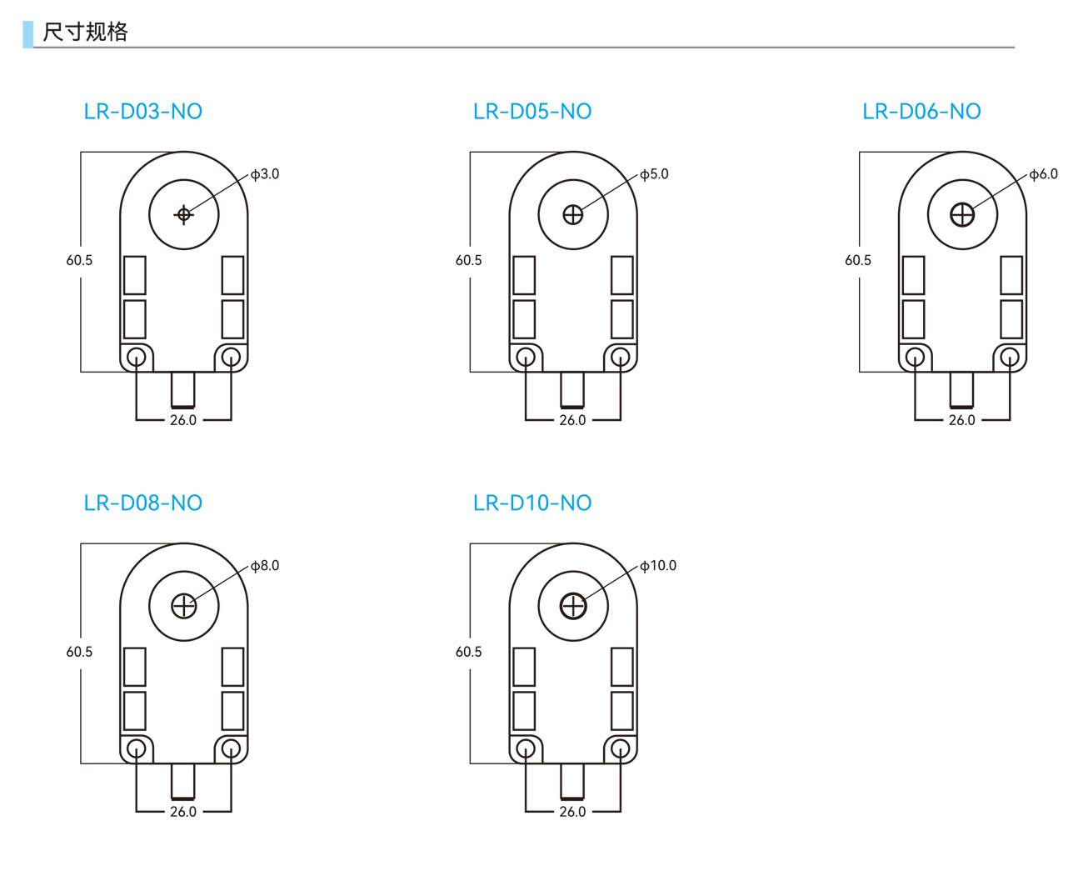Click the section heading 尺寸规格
pyautogui.click(x=85, y=32)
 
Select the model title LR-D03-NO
pyautogui.click(x=143, y=112)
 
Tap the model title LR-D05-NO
pyautogui.click(x=532, y=112)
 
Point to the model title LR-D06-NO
pyautogui.click(x=921, y=112)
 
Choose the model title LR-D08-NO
pyautogui.click(x=143, y=503)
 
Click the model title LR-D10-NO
pyautogui.click(x=532, y=503)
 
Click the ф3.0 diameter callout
pyautogui.click(x=265, y=174)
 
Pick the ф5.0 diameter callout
pyautogui.click(x=654, y=174)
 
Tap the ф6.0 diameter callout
pyautogui.click(x=1043, y=174)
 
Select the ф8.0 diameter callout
pyautogui.click(x=265, y=565)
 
